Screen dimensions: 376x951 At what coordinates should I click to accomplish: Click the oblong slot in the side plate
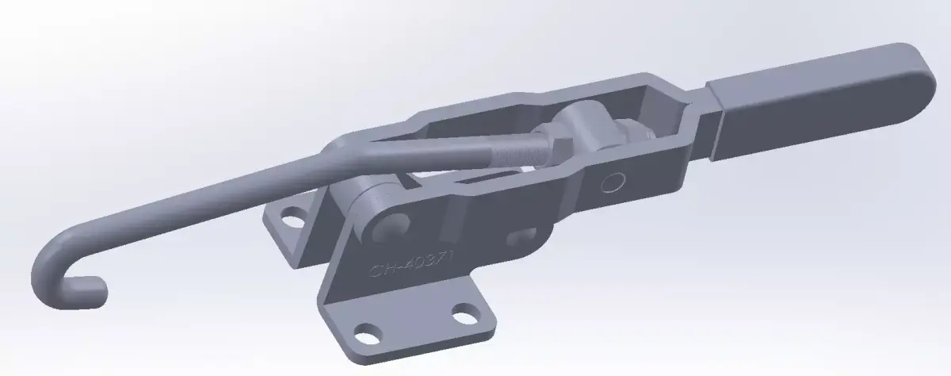(x=519, y=236)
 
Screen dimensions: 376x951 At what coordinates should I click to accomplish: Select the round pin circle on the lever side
(x=611, y=183)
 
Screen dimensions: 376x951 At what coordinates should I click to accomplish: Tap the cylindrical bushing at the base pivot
(x=366, y=199)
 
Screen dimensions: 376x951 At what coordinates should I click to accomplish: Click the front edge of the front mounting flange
(x=412, y=349)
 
